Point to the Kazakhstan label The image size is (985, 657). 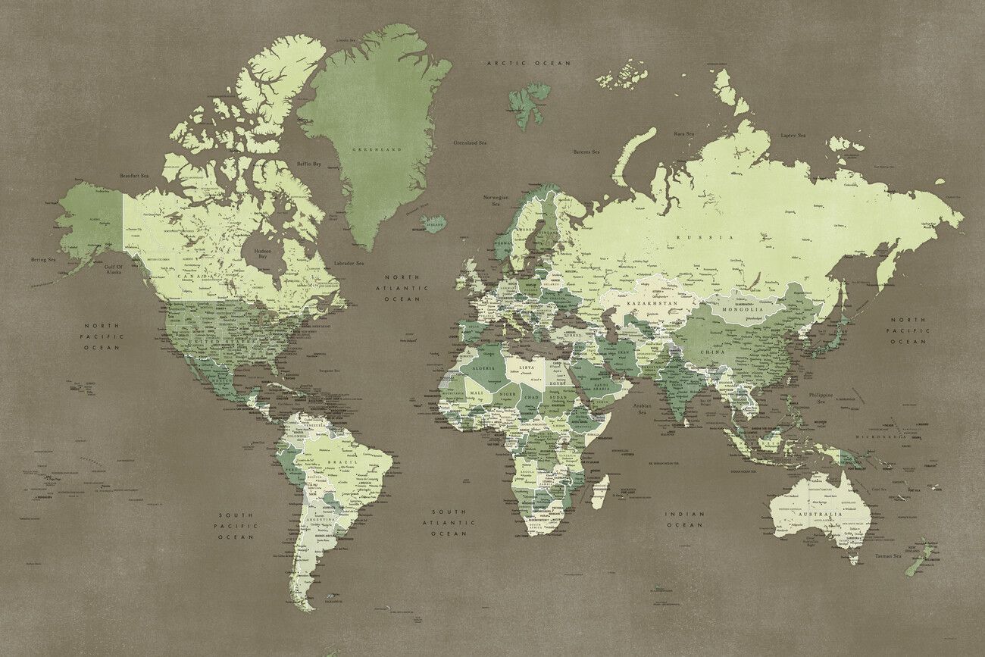click(652, 303)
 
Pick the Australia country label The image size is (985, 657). click(817, 515)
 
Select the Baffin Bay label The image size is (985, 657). click(308, 164)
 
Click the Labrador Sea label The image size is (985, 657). click(349, 263)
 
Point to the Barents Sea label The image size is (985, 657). click(586, 152)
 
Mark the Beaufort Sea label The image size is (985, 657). click(134, 176)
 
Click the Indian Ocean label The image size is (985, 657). click(685, 519)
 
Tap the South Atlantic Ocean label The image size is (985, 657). click(449, 522)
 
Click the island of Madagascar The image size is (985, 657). click(599, 492)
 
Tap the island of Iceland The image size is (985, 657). click(434, 224)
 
